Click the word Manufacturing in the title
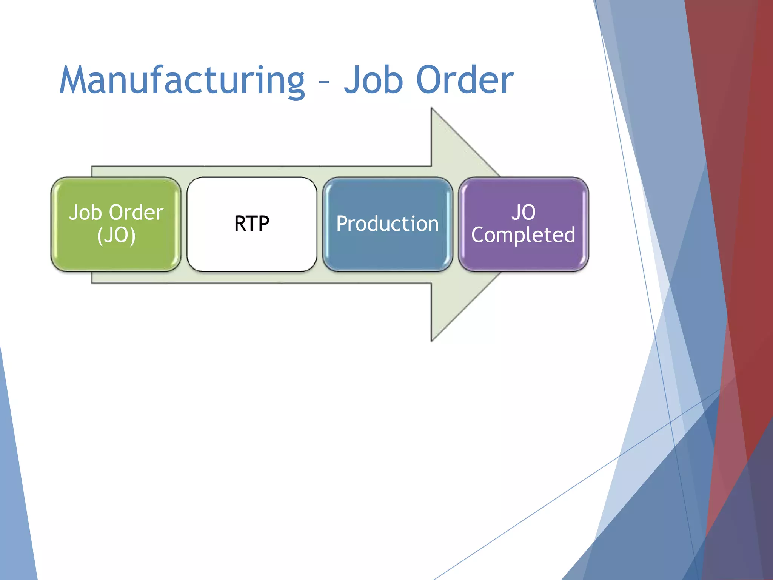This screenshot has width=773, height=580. [182, 80]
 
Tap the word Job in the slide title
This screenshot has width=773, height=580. [373, 80]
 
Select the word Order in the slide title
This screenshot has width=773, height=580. [465, 80]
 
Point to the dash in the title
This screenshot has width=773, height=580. [324, 81]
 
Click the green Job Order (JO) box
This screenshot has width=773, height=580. [116, 257]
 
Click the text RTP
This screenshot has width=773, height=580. [252, 224]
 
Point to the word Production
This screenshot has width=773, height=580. [388, 224]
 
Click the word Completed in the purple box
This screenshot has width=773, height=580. [523, 235]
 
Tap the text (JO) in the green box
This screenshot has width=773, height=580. [116, 236]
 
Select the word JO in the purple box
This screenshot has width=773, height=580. [524, 212]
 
